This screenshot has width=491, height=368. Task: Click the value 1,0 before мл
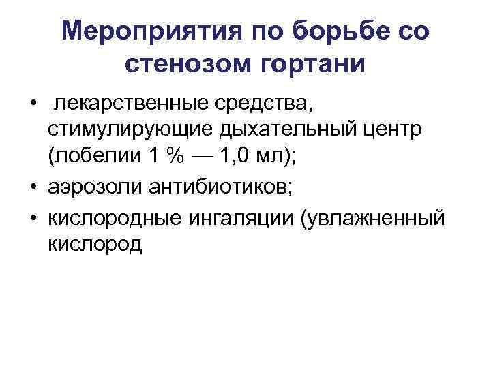point(244,156)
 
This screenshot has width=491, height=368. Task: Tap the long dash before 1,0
point(207,156)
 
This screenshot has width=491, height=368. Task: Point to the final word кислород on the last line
point(95,243)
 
